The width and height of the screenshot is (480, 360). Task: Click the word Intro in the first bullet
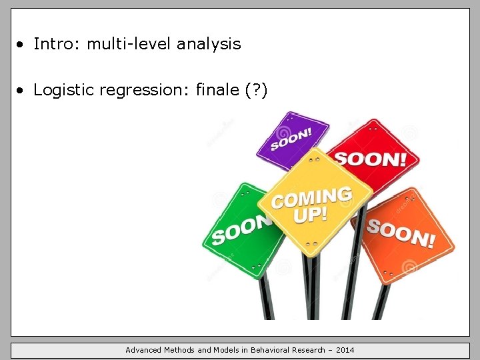click(51, 45)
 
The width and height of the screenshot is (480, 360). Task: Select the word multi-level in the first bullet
click(123, 45)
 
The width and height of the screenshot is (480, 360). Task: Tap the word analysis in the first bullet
click(209, 45)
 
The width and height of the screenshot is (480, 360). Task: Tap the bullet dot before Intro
click(23, 45)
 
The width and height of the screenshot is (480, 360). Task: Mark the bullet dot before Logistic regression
click(23, 91)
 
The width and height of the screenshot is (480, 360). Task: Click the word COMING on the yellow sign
click(311, 197)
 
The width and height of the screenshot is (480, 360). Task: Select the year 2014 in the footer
click(345, 350)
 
